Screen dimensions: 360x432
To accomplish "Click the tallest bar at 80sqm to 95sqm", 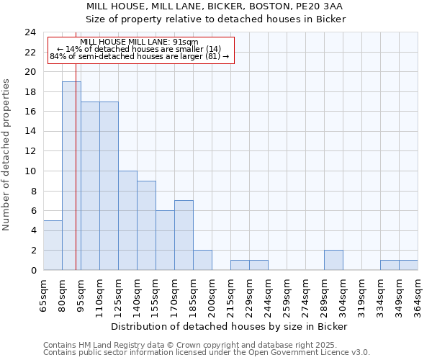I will (71, 176).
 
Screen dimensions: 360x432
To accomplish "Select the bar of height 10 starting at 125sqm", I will (127, 220).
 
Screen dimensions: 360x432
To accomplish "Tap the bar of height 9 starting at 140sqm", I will (146, 225).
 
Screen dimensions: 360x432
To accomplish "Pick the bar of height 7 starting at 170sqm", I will (184, 235).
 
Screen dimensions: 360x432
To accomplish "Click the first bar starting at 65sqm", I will (53, 246).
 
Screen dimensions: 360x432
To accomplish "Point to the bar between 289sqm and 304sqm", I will (333, 260).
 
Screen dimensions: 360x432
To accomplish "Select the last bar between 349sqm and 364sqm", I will (408, 265).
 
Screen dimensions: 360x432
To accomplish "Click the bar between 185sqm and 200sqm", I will (202, 260).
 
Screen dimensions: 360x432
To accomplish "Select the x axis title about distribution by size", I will (230, 326).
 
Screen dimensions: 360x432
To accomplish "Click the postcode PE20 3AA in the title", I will (322, 6).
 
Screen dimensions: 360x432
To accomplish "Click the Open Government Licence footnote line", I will (207, 353).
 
